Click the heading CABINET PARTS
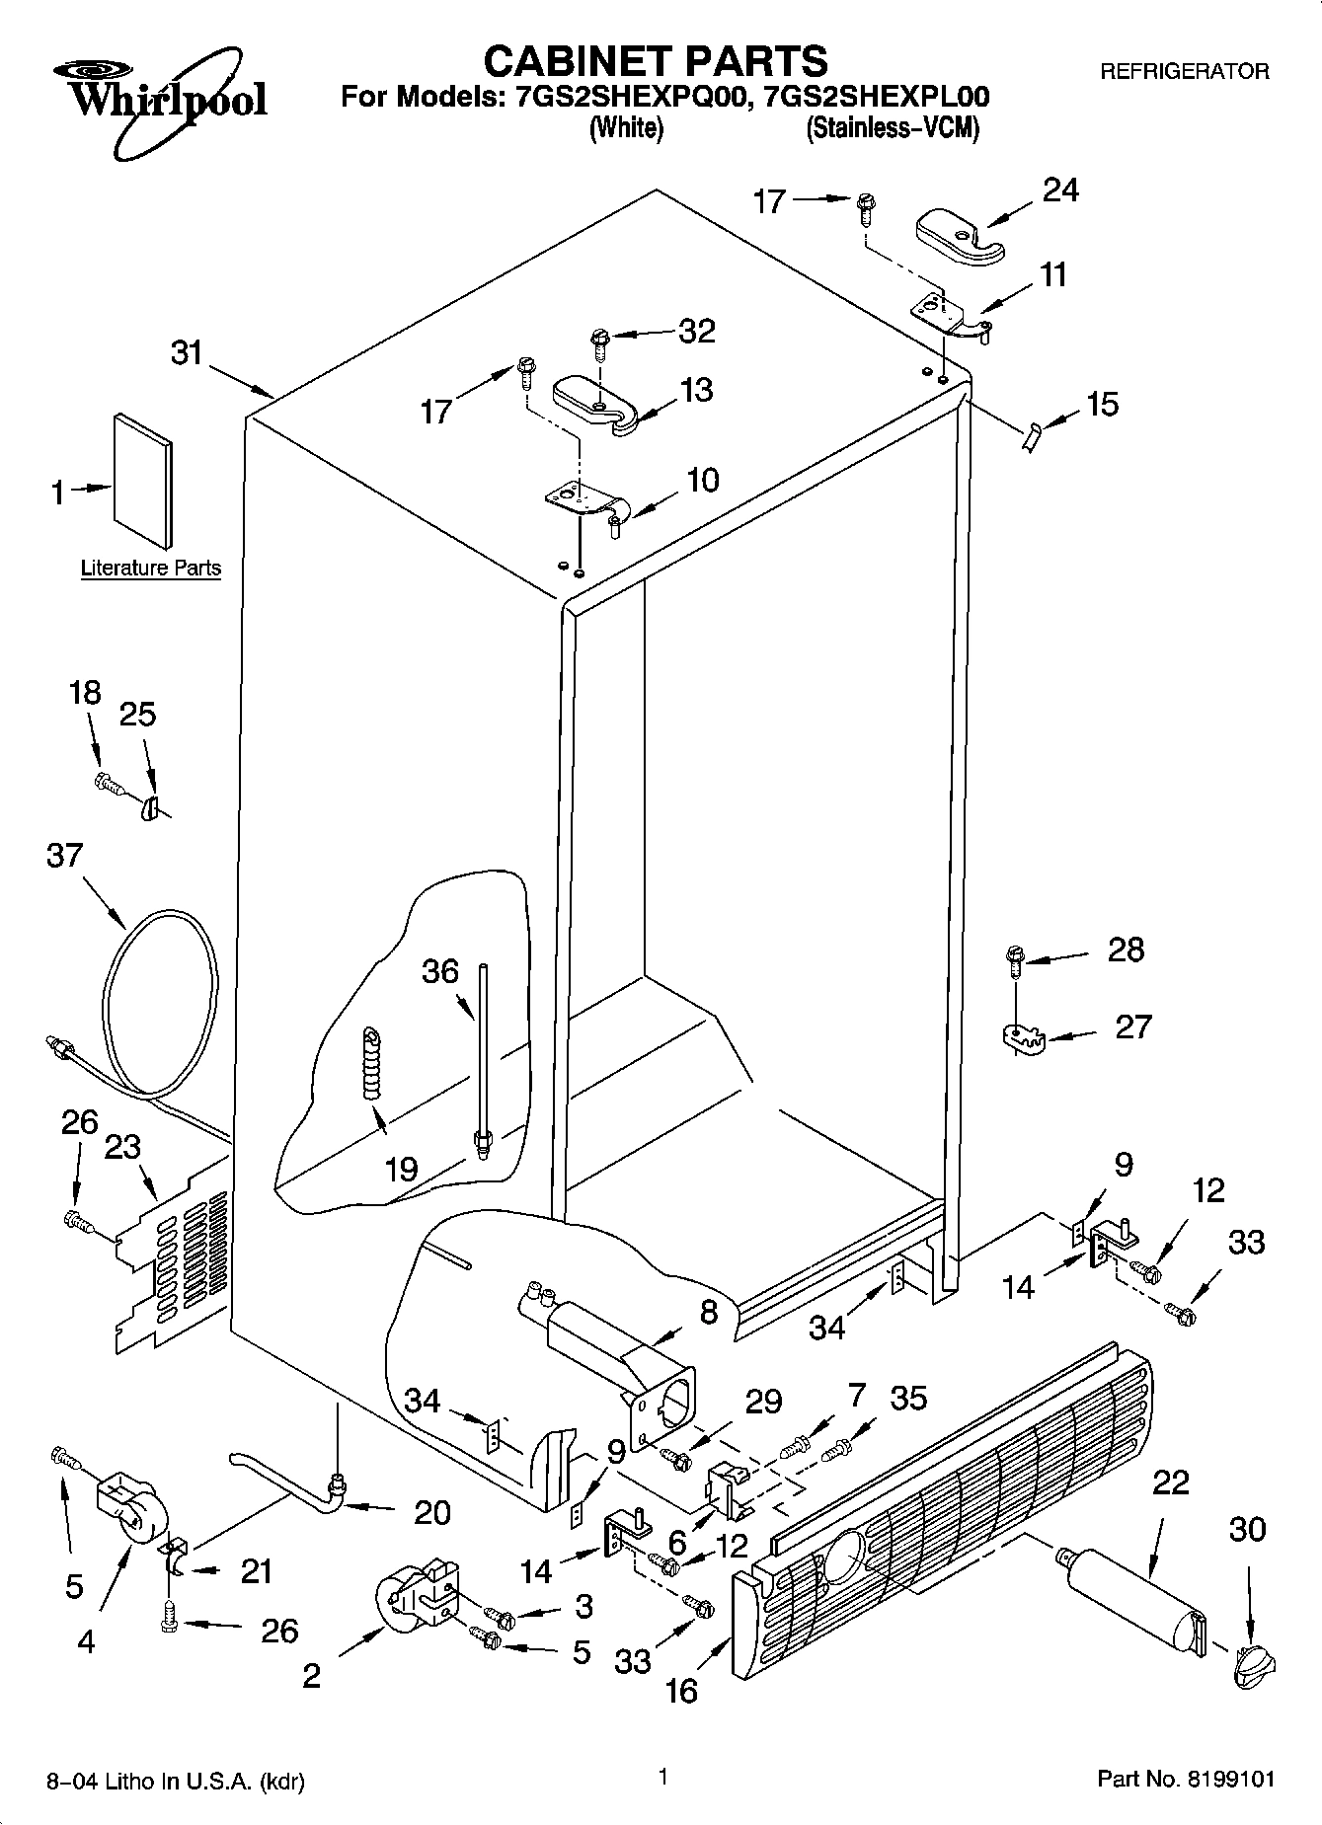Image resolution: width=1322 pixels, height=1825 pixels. [655, 61]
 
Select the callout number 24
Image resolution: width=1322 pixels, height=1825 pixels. [1060, 190]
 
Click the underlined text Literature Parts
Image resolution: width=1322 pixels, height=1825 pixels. [150, 569]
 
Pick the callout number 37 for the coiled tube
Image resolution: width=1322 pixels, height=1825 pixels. [65, 855]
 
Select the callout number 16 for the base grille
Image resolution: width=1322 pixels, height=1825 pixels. [681, 1692]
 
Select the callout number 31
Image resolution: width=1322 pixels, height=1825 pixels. [186, 352]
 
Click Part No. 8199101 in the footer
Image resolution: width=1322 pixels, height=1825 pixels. [1186, 1780]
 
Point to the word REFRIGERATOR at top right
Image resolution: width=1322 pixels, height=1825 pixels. [1184, 72]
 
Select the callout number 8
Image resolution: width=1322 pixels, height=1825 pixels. [708, 1312]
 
